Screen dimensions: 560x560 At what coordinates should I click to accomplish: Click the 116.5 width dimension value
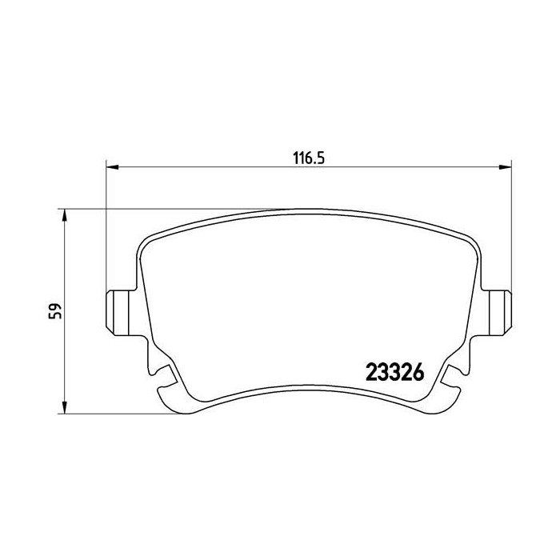point(309,158)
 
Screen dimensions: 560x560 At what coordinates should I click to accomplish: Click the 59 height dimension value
point(55,311)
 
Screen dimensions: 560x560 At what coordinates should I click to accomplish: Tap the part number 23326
point(395,372)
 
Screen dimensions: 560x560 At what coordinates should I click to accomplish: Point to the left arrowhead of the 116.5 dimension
point(112,166)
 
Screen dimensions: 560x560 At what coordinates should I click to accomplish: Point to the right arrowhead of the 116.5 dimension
point(506,166)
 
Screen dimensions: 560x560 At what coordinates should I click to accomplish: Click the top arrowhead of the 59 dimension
point(64,215)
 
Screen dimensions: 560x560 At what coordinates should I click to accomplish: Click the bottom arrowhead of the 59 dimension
point(64,407)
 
